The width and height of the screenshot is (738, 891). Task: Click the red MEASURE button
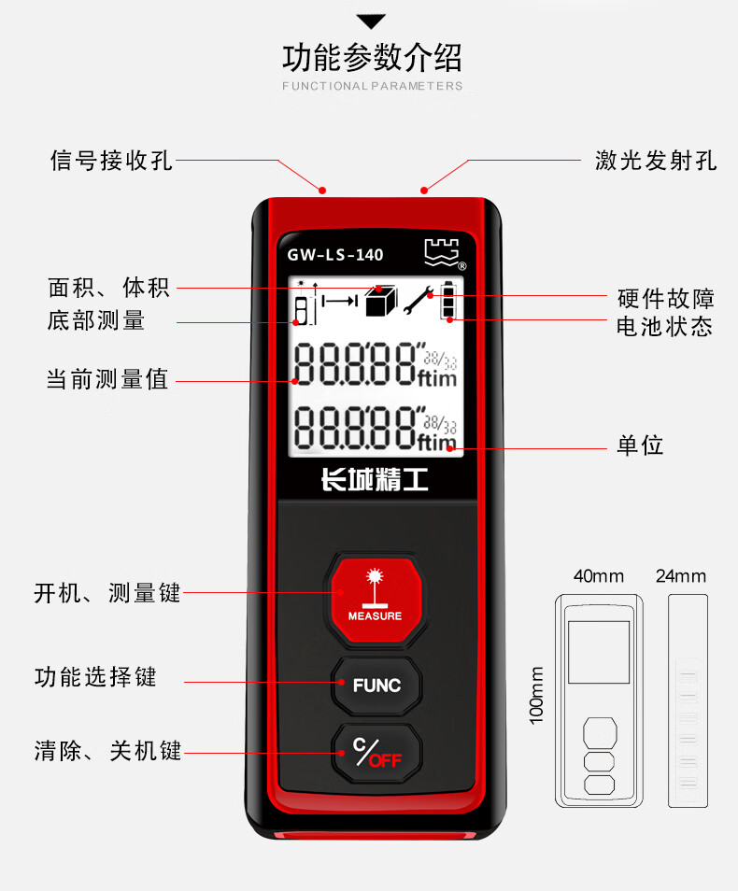(x=376, y=600)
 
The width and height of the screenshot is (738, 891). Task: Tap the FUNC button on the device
(x=376, y=686)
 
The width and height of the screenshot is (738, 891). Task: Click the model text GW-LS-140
(x=334, y=255)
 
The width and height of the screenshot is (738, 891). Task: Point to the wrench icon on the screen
(x=418, y=300)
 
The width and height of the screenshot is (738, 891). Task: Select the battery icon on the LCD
(x=448, y=300)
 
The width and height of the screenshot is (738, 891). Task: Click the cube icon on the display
(x=380, y=301)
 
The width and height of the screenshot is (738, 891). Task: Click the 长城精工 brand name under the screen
(x=375, y=480)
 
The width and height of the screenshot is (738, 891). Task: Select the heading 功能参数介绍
(x=373, y=57)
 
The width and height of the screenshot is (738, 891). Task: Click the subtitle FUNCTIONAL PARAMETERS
(x=373, y=86)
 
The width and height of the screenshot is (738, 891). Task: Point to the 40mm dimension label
(x=598, y=576)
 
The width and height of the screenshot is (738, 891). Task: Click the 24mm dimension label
(x=681, y=576)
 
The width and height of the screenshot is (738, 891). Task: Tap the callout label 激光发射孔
(x=656, y=161)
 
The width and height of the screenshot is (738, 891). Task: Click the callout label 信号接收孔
(x=111, y=161)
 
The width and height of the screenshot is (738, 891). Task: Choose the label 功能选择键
(x=95, y=677)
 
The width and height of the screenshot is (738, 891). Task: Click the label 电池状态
(x=664, y=327)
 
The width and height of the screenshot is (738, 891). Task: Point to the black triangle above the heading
(x=371, y=21)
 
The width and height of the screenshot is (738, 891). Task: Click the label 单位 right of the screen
(x=640, y=445)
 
